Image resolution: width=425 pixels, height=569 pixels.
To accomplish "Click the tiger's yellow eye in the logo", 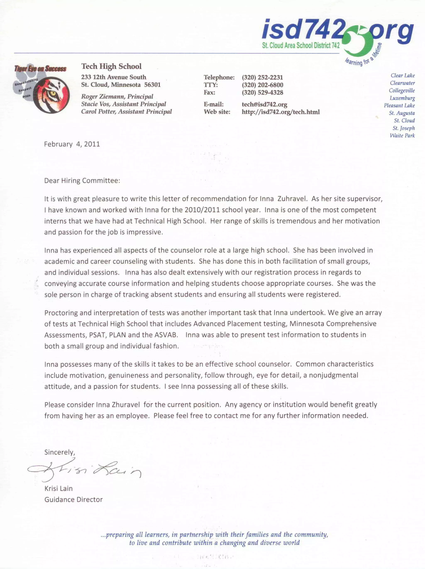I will coord(54,93).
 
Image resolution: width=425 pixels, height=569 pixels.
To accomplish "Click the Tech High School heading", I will coord(111,66).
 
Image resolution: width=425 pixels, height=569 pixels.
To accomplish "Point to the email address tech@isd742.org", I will coord(264,104).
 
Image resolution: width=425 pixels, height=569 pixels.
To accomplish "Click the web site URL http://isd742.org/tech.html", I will coord(280,112).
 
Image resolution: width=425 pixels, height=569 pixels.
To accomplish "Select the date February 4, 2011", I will coord(72,144).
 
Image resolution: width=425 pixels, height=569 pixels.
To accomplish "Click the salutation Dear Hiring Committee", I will coord(82,180).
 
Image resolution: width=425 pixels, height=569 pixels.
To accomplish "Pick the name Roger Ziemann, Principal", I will coord(117,97).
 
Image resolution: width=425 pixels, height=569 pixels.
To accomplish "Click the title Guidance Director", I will coord(73,499).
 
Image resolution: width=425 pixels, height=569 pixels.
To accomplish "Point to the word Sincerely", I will coord(59,452).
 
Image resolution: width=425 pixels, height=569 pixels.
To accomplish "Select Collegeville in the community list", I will coord(402,90).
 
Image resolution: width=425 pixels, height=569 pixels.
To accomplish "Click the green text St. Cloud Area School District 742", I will coord(300,46).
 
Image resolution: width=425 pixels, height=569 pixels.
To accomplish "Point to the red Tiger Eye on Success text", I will coord(40,69).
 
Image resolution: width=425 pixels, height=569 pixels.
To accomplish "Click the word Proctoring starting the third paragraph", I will coord(61,313).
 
